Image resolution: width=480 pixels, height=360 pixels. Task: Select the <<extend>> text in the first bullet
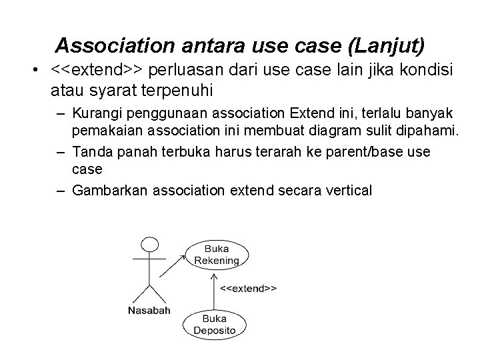point(98,70)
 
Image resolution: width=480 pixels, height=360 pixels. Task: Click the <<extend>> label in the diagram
point(249,289)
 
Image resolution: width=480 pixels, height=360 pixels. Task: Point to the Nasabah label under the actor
point(149,310)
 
